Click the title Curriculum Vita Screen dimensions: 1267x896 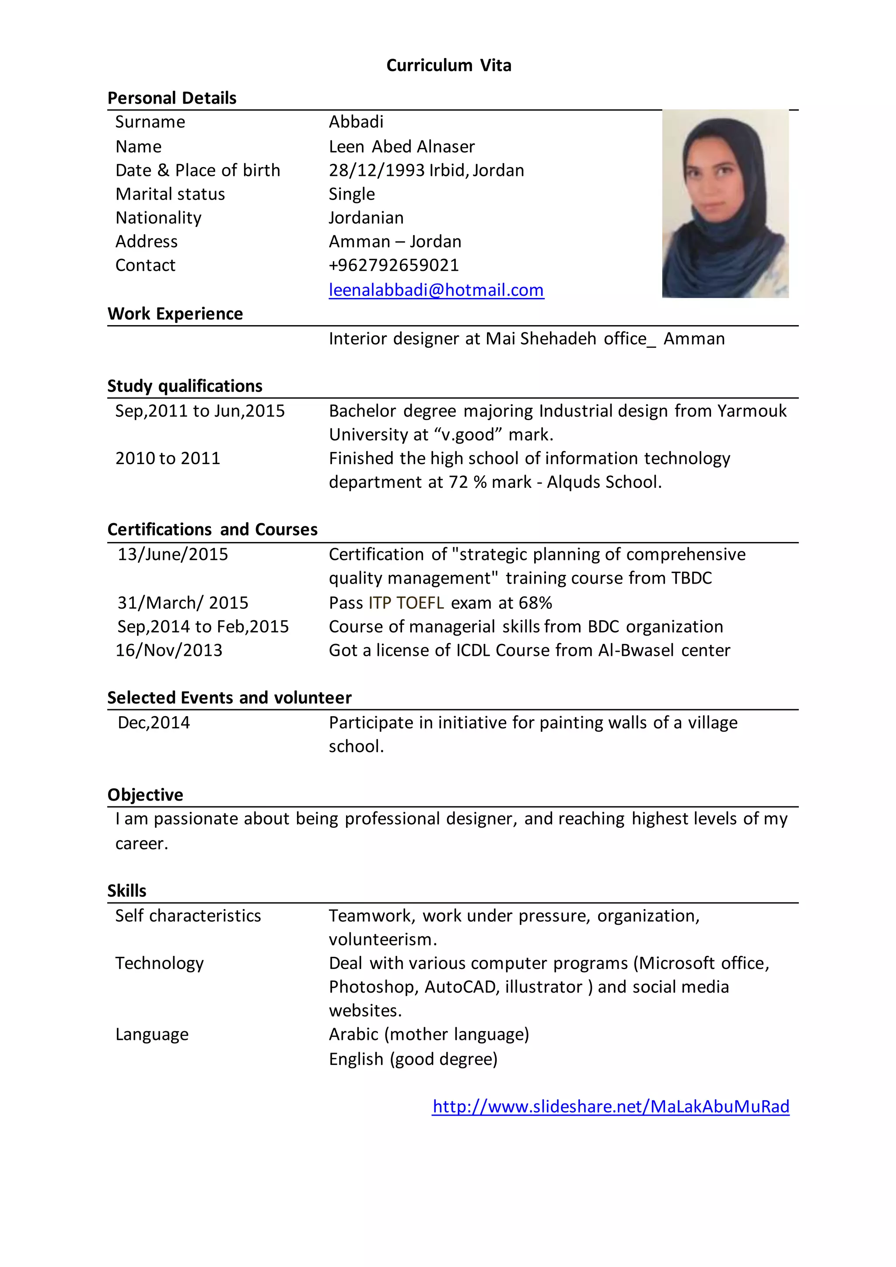tap(448, 65)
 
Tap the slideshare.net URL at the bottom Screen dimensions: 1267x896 tap(611, 1106)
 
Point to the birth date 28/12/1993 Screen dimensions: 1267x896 tap(377, 170)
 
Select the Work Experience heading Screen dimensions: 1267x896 tap(175, 313)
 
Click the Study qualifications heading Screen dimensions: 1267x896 tap(185, 386)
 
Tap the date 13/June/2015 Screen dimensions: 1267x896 tap(173, 554)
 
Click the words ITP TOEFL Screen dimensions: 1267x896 tap(406, 602)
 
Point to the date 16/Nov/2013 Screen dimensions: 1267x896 tap(169, 650)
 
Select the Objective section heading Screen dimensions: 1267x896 tap(145, 794)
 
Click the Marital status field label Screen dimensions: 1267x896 tap(170, 194)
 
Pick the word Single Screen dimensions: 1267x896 tap(351, 194)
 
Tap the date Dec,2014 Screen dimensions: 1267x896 tap(154, 722)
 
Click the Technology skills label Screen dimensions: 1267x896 tap(159, 963)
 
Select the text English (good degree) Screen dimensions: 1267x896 tap(413, 1059)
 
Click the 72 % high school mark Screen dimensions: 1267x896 tap(467, 482)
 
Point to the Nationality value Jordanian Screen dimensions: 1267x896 tap(366, 217)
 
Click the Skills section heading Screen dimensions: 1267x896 tap(127, 891)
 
